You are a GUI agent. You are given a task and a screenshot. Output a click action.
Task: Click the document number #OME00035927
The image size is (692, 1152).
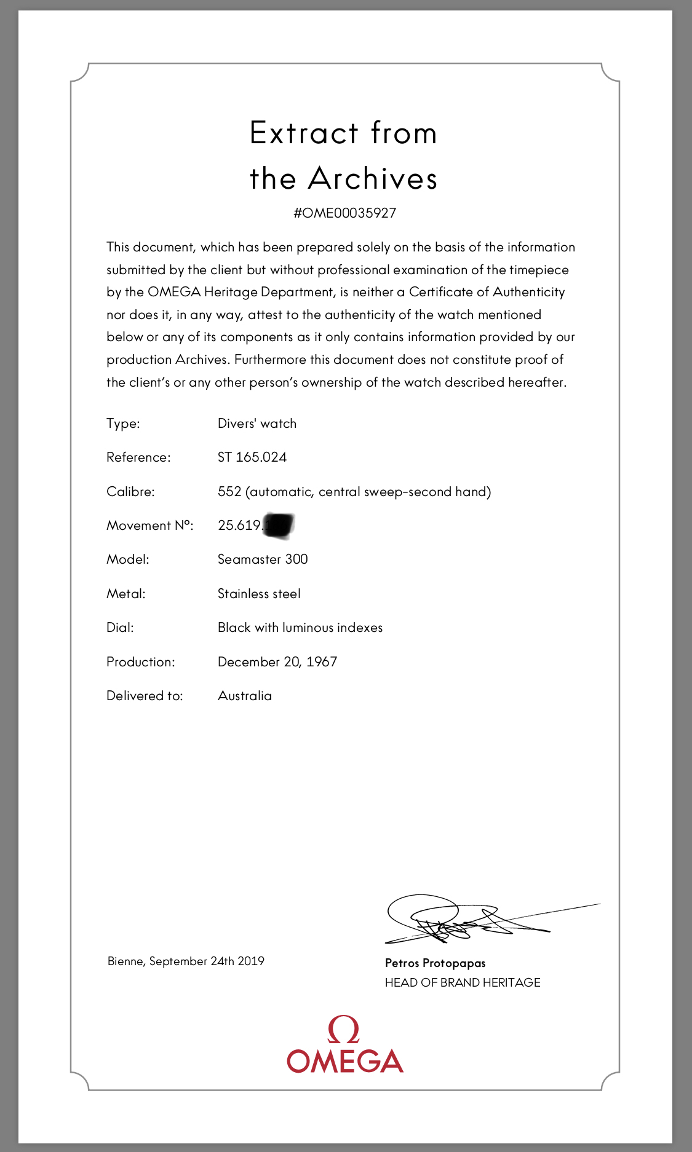(344, 213)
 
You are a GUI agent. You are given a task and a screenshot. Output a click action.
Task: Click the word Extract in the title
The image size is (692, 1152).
(304, 133)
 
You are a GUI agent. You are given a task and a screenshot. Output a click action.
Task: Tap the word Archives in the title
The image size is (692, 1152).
(373, 179)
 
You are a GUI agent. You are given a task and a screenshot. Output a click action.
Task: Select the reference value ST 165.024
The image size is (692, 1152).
(252, 457)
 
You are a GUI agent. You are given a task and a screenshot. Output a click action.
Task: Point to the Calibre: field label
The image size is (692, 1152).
(130, 492)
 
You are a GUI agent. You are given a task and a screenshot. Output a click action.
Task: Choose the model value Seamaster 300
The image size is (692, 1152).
(263, 559)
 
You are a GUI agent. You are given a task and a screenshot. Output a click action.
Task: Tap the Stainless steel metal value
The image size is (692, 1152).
(259, 594)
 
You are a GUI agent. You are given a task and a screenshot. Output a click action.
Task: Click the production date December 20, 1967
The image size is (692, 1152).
(277, 662)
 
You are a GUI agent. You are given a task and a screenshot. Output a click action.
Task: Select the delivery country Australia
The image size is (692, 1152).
(245, 696)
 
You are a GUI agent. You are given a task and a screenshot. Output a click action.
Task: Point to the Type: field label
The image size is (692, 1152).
(123, 424)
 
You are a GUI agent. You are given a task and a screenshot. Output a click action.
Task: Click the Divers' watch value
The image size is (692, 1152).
(257, 424)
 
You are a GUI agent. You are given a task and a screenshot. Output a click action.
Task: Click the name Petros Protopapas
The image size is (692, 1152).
(435, 963)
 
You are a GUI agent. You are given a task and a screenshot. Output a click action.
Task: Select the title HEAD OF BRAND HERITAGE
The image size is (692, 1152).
(463, 982)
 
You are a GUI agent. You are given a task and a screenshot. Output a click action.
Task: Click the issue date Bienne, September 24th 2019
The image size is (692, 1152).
(186, 961)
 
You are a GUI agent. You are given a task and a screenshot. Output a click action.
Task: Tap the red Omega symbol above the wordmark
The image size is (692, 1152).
(344, 1030)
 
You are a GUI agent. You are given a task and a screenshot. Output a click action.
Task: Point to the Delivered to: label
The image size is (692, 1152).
(145, 696)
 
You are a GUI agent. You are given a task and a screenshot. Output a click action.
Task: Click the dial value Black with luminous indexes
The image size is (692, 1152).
(300, 628)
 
